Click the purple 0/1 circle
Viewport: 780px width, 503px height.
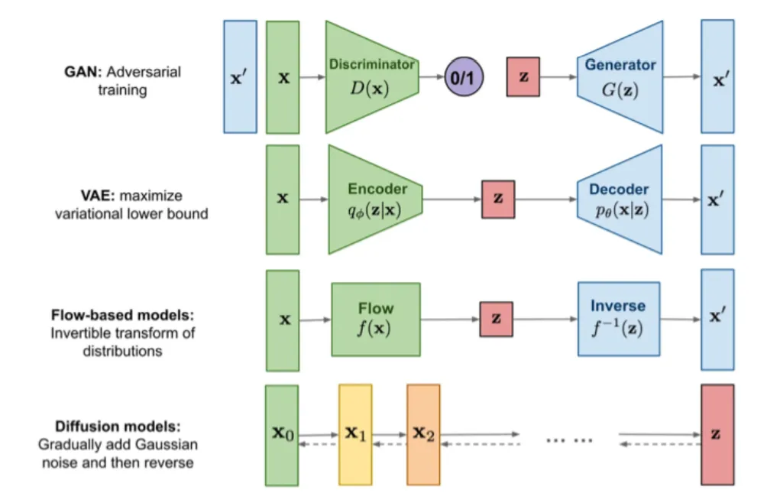(463, 76)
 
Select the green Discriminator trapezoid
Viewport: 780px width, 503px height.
(371, 77)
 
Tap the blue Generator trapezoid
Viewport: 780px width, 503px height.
(620, 77)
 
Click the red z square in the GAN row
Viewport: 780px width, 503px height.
(523, 76)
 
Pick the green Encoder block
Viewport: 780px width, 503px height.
(375, 200)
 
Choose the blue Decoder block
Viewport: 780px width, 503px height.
(620, 200)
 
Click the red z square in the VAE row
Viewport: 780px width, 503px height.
(498, 199)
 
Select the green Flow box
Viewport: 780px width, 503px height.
(376, 320)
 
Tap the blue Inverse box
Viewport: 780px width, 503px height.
(619, 319)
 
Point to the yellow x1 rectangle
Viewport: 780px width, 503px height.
(355, 434)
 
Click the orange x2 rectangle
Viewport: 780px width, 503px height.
(423, 434)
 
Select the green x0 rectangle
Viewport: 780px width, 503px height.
(282, 435)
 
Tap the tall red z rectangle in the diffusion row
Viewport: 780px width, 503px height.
(717, 434)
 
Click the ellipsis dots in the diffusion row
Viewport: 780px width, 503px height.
(570, 440)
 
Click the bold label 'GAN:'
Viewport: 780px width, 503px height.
(83, 72)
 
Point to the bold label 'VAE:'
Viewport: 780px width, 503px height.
(98, 196)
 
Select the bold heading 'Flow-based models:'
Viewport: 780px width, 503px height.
(122, 315)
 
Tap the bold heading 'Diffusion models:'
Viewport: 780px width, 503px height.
(118, 427)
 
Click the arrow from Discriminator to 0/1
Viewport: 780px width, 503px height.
(432, 76)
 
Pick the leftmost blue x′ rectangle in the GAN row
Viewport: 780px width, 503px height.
(241, 76)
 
